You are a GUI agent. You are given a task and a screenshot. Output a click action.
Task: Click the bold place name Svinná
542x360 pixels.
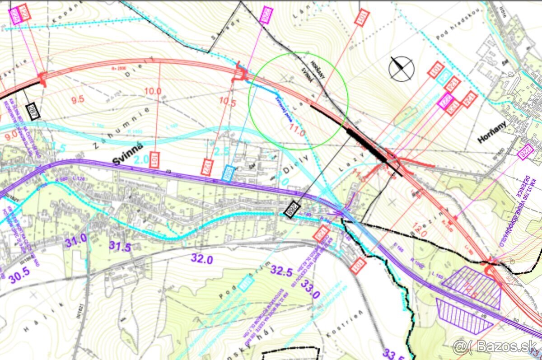(x=128, y=155)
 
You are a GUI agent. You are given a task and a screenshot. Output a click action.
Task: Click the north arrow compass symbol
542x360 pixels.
(x=402, y=69)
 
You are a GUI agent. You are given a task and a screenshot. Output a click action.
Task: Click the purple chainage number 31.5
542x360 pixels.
(x=120, y=247)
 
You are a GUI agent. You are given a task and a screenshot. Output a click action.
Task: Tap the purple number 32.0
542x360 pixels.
(x=202, y=258)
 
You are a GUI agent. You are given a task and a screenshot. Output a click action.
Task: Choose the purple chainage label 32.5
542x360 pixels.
(x=282, y=271)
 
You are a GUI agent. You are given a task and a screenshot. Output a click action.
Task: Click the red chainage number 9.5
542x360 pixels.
(x=78, y=99)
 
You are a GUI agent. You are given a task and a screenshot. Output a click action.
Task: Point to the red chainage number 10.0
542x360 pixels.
(x=153, y=91)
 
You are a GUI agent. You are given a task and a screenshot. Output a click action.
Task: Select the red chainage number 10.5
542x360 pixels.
(x=228, y=103)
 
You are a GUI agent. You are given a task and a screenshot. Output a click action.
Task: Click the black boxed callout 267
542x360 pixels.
(x=33, y=111)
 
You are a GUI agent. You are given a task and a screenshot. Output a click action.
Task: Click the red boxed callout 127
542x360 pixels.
(x=208, y=166)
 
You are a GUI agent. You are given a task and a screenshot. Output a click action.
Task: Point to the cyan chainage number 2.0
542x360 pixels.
(x=141, y=159)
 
